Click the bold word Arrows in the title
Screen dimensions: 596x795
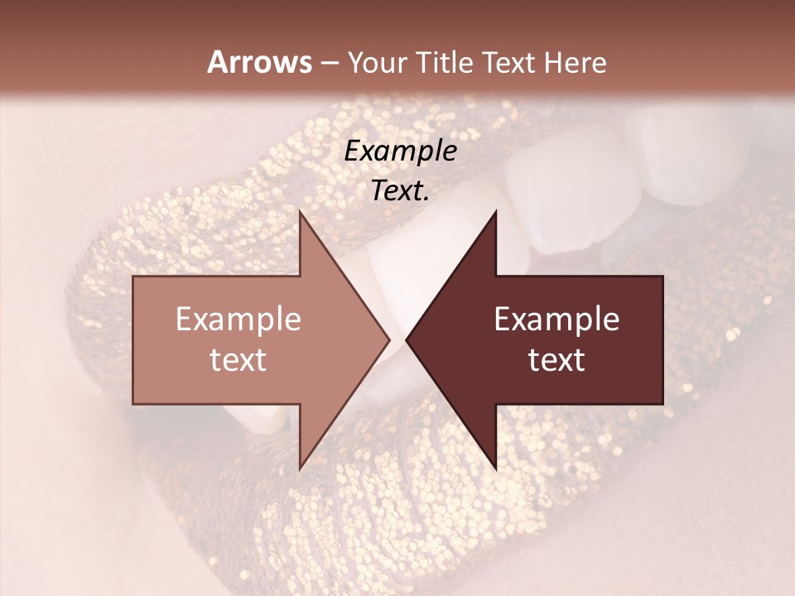[259, 62]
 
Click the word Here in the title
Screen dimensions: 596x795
[576, 63]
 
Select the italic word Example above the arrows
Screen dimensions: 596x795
[401, 151]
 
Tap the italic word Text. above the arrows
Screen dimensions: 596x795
[401, 190]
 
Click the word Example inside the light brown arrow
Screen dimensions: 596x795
[238, 320]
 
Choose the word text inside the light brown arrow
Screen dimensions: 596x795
[238, 359]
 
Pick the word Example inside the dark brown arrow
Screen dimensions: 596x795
[556, 320]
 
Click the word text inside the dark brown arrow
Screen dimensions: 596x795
[556, 359]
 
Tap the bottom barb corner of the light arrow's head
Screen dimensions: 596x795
[300, 469]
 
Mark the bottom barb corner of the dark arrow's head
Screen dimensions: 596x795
[496, 469]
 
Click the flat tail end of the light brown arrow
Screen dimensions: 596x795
[134, 339]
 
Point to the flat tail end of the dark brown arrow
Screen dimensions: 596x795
[662, 339]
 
